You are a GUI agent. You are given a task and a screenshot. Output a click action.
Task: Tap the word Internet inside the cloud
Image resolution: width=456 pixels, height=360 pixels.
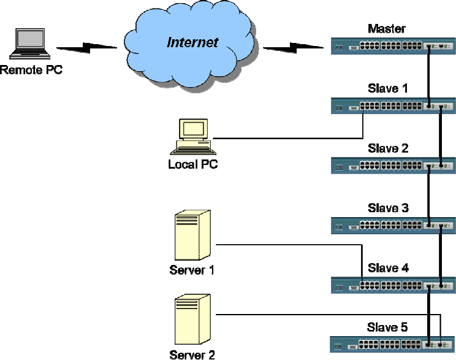(x=192, y=42)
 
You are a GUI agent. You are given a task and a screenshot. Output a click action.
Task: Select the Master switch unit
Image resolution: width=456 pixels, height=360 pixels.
(x=392, y=46)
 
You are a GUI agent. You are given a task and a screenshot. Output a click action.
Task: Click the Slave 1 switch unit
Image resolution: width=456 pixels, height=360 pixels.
(x=392, y=105)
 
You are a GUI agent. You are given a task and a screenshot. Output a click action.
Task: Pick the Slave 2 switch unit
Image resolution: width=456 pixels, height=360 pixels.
(x=392, y=166)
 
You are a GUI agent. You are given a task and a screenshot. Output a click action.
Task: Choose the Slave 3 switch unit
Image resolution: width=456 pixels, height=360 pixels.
(x=392, y=225)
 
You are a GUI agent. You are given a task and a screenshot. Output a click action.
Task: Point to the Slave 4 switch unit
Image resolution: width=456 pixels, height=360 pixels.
(x=392, y=285)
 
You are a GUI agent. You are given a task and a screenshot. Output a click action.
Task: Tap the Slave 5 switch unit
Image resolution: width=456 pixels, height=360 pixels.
(x=392, y=344)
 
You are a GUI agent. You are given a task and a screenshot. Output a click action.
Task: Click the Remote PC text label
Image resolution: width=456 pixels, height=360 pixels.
(x=31, y=70)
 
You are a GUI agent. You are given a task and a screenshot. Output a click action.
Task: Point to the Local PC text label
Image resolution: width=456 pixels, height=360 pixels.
(x=192, y=164)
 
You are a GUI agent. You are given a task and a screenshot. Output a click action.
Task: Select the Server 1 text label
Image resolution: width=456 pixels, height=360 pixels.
(x=192, y=270)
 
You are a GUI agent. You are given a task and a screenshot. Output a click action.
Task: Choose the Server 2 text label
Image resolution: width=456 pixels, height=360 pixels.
(x=192, y=353)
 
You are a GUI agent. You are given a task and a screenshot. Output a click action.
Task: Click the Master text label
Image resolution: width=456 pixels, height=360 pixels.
(x=387, y=29)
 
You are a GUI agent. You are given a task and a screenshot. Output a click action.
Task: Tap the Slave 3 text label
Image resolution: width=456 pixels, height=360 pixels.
(x=388, y=209)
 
